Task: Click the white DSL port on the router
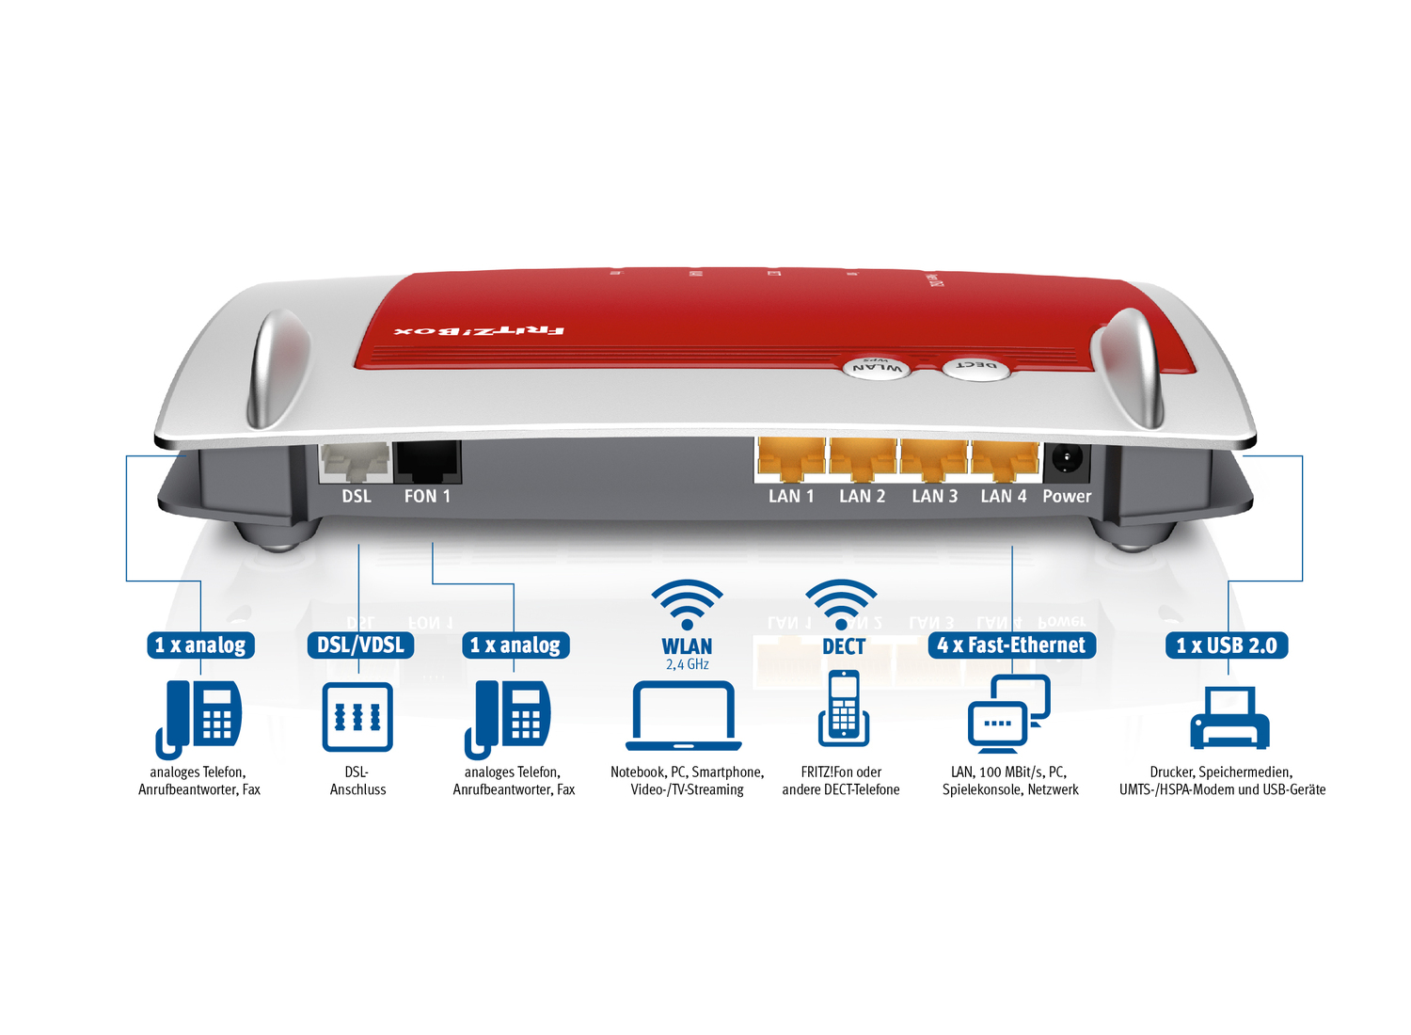(356, 462)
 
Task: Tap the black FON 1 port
(427, 462)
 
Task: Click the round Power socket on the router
(1067, 461)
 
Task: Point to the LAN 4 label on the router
(1003, 496)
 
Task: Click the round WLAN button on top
(876, 368)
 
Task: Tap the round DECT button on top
(976, 367)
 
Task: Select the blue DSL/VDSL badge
(360, 645)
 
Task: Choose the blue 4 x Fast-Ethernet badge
(1011, 645)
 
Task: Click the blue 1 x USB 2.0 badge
(1227, 645)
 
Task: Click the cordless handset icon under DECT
(844, 708)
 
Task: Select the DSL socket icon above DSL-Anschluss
(357, 717)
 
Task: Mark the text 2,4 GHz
(687, 664)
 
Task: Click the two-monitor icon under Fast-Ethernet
(1008, 713)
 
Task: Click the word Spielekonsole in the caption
(981, 789)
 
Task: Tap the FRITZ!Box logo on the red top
(479, 331)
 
